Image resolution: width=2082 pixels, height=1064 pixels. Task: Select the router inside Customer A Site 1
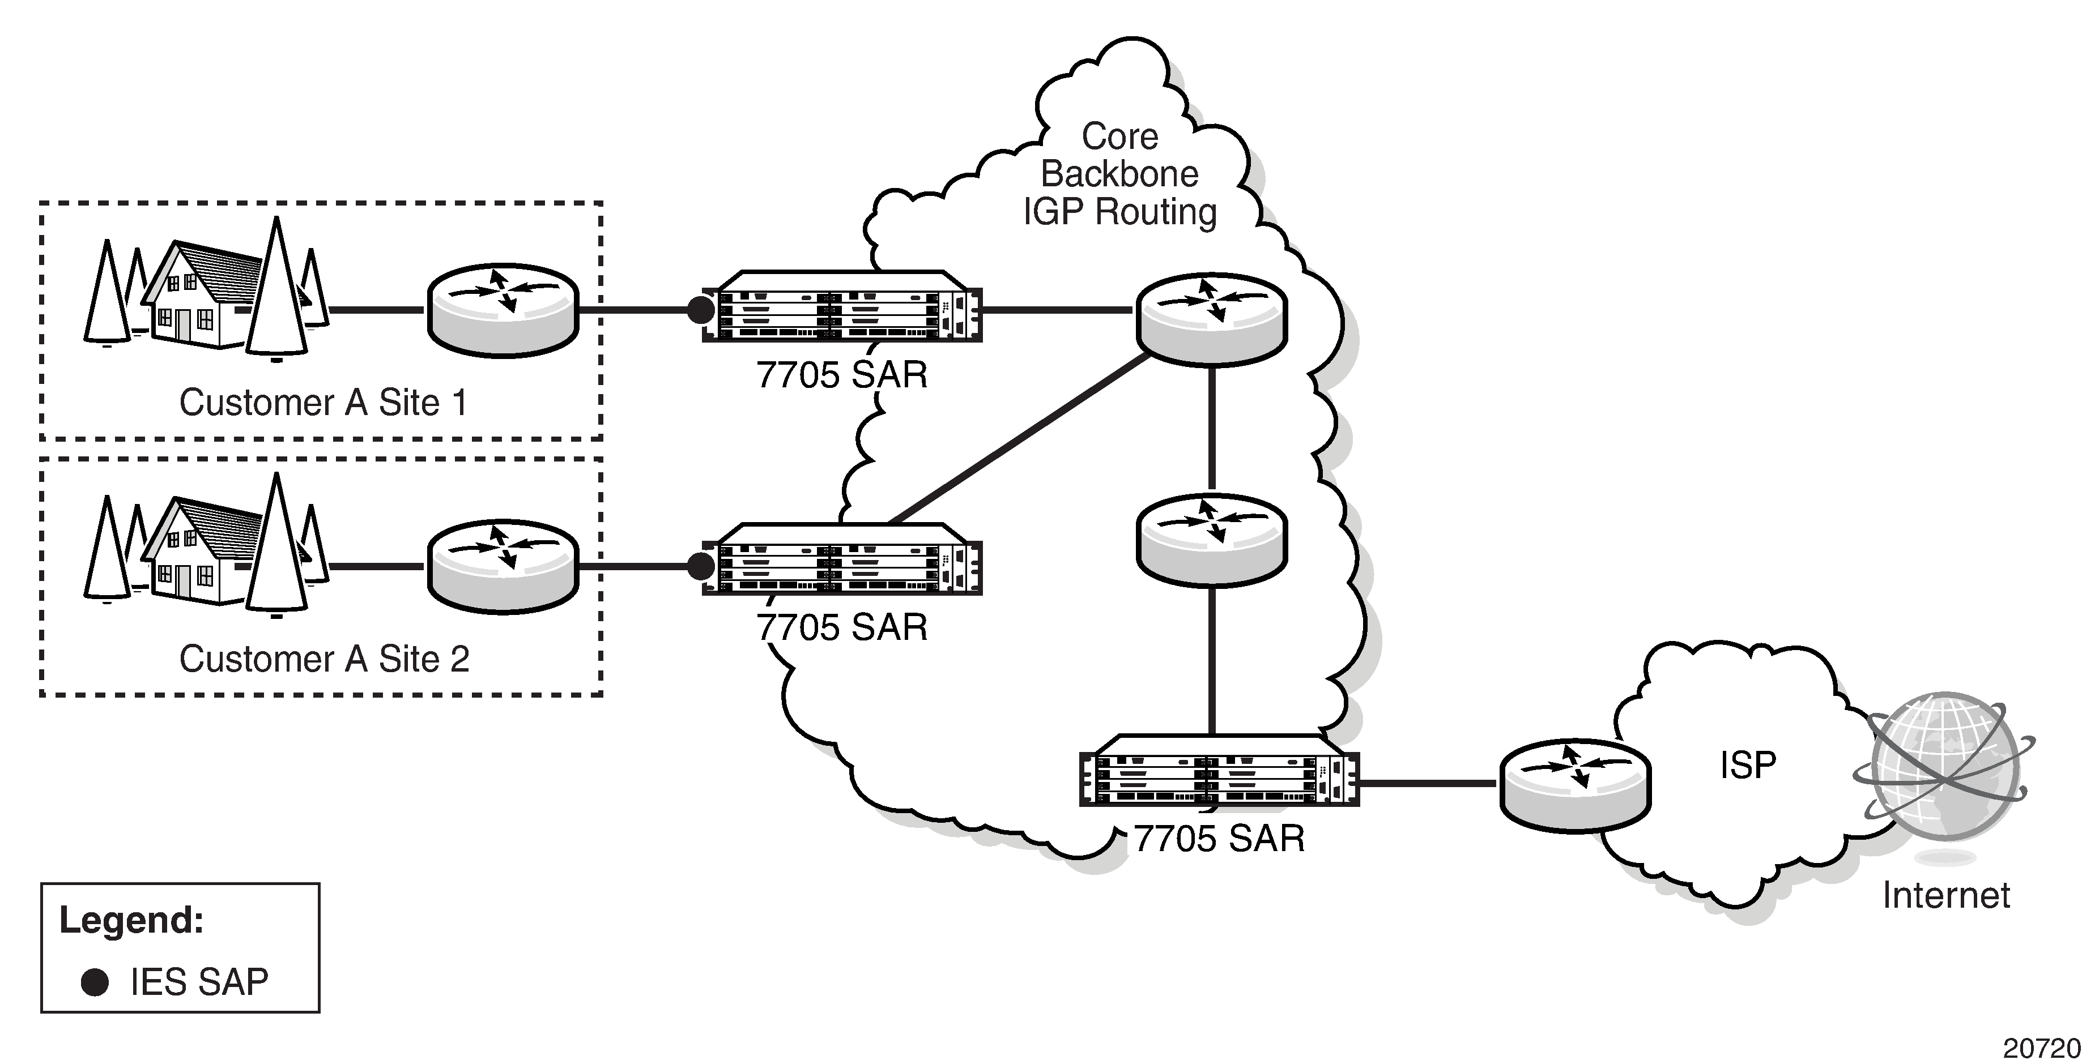click(x=503, y=309)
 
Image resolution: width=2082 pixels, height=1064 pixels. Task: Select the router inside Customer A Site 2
click(x=503, y=566)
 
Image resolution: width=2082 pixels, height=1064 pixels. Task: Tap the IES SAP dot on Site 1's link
click(x=700, y=309)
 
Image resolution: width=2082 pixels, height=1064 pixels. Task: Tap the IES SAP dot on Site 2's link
click(x=700, y=566)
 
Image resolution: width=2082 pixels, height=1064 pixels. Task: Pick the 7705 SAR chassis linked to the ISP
click(x=1219, y=772)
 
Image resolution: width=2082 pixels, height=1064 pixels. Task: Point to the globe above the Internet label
click(x=1946, y=767)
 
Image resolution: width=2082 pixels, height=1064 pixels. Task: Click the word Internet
click(x=1945, y=895)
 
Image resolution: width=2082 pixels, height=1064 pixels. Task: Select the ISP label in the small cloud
click(x=1747, y=765)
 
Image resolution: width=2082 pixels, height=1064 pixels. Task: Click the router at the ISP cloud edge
click(x=1574, y=784)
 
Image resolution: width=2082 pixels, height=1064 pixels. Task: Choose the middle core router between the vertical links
click(x=1211, y=540)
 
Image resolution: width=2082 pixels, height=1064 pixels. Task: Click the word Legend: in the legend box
click(x=131, y=920)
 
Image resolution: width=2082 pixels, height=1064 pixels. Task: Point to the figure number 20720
click(x=2041, y=1048)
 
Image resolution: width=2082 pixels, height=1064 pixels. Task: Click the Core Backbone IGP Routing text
click(x=1119, y=174)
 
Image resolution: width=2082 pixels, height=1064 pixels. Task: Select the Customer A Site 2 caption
click(x=323, y=659)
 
